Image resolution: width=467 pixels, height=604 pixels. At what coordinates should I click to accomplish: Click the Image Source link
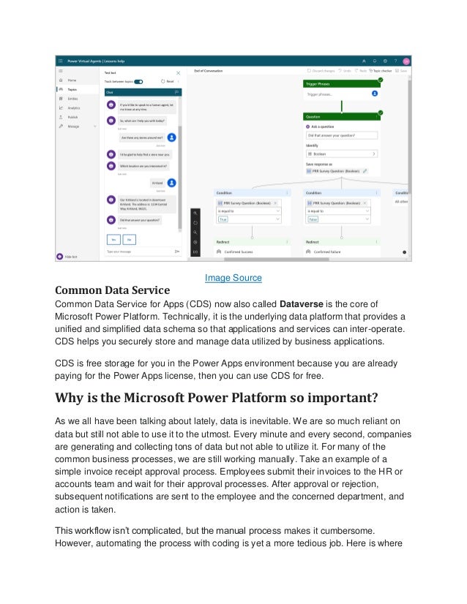pyautogui.click(x=233, y=278)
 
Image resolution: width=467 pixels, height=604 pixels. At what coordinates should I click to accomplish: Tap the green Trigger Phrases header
pyautogui.click(x=343, y=84)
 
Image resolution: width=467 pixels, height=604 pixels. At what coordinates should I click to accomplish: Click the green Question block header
pyautogui.click(x=343, y=116)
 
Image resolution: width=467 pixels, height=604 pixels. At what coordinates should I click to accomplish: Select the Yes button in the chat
pyautogui.click(x=114, y=238)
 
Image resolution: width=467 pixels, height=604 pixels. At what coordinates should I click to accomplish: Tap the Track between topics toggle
pyautogui.click(x=138, y=82)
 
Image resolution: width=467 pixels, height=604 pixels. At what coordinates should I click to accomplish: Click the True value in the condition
pyautogui.click(x=223, y=219)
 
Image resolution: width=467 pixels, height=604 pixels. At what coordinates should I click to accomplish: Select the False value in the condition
pyautogui.click(x=313, y=219)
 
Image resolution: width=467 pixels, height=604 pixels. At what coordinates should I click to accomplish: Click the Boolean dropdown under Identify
pyautogui.click(x=343, y=154)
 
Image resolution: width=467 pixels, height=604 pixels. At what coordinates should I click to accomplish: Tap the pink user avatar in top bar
pyautogui.click(x=406, y=61)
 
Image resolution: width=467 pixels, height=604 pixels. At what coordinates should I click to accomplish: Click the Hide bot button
pyautogui.click(x=70, y=257)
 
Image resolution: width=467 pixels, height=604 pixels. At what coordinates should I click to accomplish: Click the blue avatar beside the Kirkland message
pyautogui.click(x=171, y=183)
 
